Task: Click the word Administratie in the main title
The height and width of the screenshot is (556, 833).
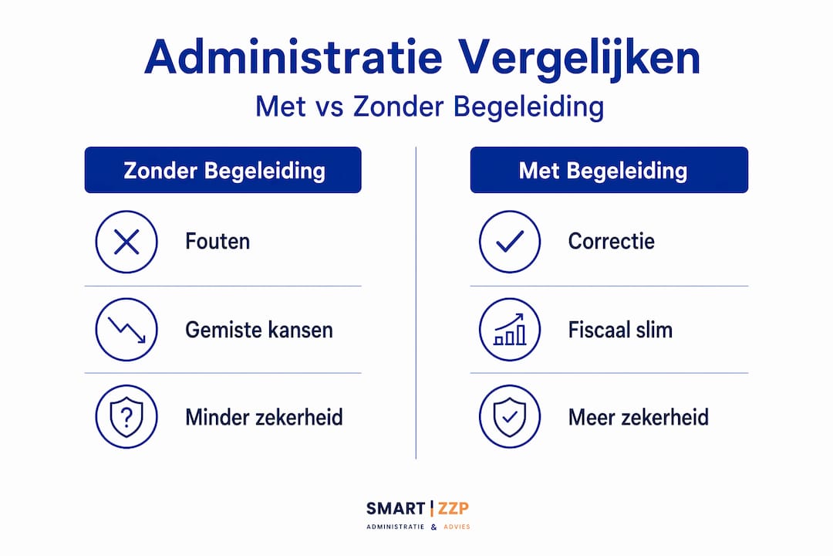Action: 293,57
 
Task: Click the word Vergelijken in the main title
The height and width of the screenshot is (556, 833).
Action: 579,59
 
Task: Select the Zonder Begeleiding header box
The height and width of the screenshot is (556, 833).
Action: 223,170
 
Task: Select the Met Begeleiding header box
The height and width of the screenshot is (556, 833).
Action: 609,170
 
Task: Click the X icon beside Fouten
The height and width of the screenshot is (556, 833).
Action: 126,242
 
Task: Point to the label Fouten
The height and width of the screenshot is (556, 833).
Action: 218,242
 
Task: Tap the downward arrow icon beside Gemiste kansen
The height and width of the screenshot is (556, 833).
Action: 126,330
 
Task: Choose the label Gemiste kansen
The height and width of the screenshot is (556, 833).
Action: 259,330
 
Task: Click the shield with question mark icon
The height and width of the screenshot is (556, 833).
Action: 126,417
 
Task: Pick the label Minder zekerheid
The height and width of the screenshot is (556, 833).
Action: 264,417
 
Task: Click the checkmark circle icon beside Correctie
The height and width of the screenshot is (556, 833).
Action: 510,242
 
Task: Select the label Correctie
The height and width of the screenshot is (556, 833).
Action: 612,242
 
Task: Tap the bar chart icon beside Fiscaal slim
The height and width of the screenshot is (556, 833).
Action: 510,330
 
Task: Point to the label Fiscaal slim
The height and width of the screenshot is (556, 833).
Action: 620,330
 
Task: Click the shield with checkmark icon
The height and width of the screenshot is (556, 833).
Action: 510,417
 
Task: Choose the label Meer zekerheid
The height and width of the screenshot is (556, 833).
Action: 639,417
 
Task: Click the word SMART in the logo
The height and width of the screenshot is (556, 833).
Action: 396,509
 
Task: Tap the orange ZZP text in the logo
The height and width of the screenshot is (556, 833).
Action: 454,509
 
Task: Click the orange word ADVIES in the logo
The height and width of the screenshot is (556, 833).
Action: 457,527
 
